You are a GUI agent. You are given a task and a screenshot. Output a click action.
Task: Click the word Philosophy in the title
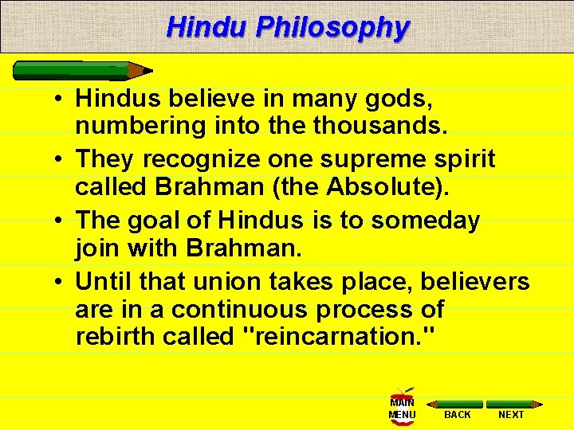pyautogui.click(x=332, y=28)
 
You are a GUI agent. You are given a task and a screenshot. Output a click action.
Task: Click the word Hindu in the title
pyautogui.click(x=207, y=28)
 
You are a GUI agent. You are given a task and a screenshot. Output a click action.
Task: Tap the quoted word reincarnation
pyautogui.click(x=337, y=336)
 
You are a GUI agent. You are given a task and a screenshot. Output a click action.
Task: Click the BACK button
pyautogui.click(x=458, y=409)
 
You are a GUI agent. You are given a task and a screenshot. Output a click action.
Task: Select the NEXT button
pyautogui.click(x=512, y=409)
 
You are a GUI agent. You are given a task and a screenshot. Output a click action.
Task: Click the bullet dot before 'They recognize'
pyautogui.click(x=61, y=160)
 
